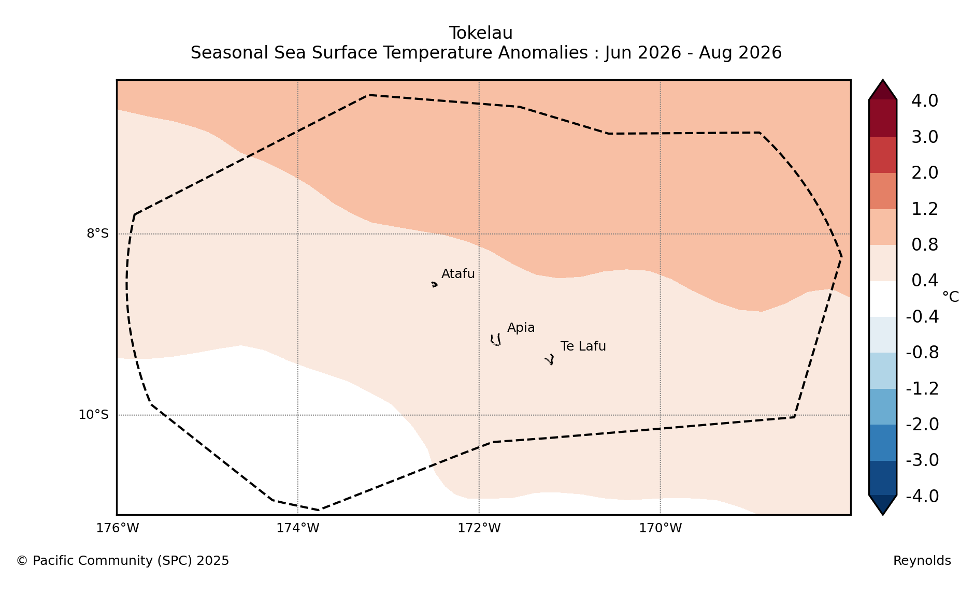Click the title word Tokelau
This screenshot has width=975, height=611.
pos(481,33)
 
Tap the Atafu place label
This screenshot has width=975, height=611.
pos(458,274)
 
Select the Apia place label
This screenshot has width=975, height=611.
pos(521,328)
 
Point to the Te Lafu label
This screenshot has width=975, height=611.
pos(583,346)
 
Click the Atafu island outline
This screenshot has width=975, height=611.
pos(434,284)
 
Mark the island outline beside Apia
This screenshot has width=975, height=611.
pos(496,340)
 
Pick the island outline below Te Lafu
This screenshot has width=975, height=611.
pos(550,359)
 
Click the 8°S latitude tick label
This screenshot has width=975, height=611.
pos(97,234)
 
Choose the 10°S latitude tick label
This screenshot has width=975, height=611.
pos(93,415)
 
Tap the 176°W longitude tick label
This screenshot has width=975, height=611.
pos(117,528)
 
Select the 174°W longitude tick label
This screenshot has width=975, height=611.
pos(297,528)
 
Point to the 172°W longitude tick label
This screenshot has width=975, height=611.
pos(479,528)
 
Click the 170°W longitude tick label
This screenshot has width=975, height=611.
pos(660,528)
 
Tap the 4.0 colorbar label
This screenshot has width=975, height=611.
pos(924,101)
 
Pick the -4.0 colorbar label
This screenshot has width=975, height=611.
pos(922,496)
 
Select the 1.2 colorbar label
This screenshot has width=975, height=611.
pos(924,209)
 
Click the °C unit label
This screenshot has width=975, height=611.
pos(950,297)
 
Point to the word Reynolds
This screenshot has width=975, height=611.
pos(922,561)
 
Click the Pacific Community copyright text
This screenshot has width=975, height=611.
pos(123,561)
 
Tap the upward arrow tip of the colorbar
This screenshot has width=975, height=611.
pos(883,80)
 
